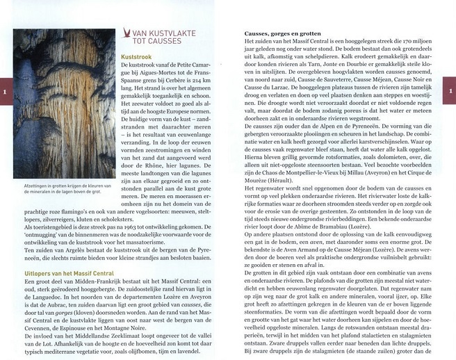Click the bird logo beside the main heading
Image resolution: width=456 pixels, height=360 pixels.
coord(127,33)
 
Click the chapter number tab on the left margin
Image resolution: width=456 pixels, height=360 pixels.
coord(5,91)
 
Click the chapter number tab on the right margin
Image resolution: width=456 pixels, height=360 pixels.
coord(450,91)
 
